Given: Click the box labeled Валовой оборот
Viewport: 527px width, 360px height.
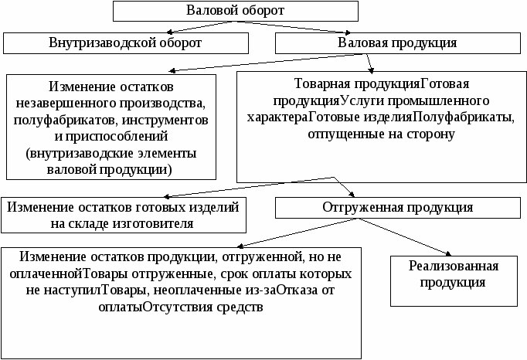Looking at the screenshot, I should coord(236,11).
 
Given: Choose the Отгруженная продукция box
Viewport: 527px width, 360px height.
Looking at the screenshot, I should coord(397,208).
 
